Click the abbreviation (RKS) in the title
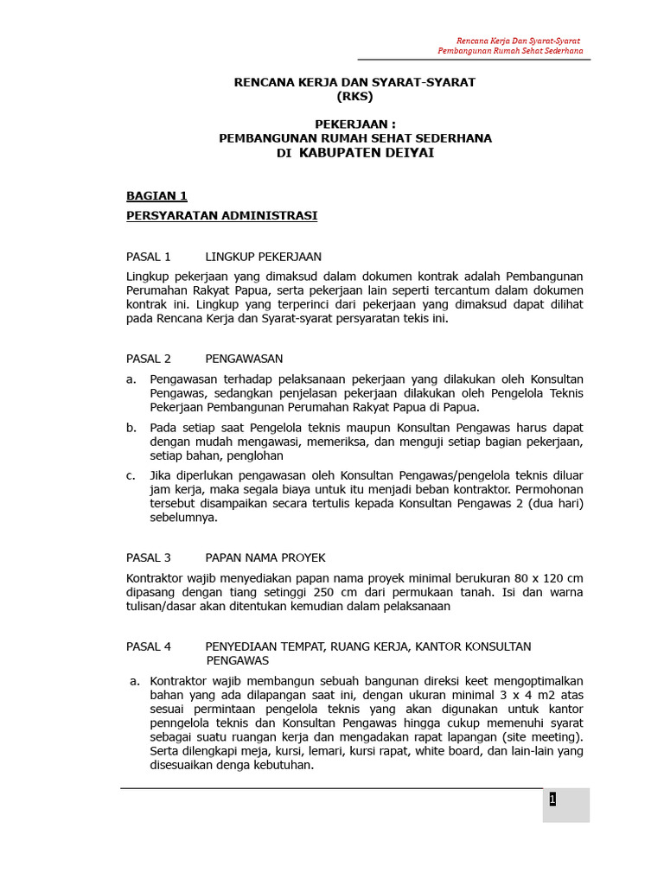pyautogui.click(x=354, y=96)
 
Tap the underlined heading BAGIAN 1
pyautogui.click(x=156, y=196)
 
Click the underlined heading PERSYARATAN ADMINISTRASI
pyautogui.click(x=221, y=215)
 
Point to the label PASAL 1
pyautogui.click(x=149, y=257)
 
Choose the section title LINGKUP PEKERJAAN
pyautogui.click(x=263, y=257)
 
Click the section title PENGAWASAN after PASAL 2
pyautogui.click(x=244, y=359)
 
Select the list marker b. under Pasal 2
pyautogui.click(x=131, y=428)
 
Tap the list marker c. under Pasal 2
pyautogui.click(x=131, y=475)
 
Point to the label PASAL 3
pyautogui.click(x=149, y=557)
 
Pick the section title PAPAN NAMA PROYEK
pyautogui.click(x=265, y=557)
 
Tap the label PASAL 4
pyautogui.click(x=149, y=646)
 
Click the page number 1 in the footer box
pyautogui.click(x=552, y=799)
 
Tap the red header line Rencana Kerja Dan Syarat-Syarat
pyautogui.click(x=517, y=41)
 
